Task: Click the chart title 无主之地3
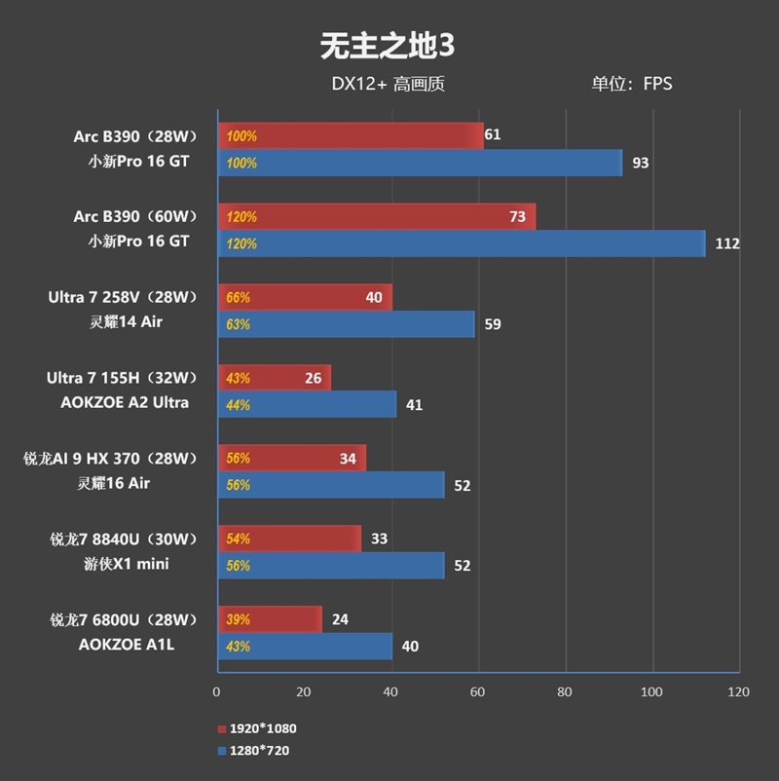click(388, 45)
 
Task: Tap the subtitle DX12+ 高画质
click(388, 84)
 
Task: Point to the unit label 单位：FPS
click(631, 84)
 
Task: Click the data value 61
click(492, 134)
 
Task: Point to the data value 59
click(493, 324)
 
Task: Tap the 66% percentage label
click(239, 297)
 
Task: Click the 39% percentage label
click(239, 619)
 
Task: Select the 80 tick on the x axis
click(565, 692)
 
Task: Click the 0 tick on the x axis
click(216, 692)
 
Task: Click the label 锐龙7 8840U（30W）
click(124, 539)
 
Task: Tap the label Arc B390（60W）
click(134, 215)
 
